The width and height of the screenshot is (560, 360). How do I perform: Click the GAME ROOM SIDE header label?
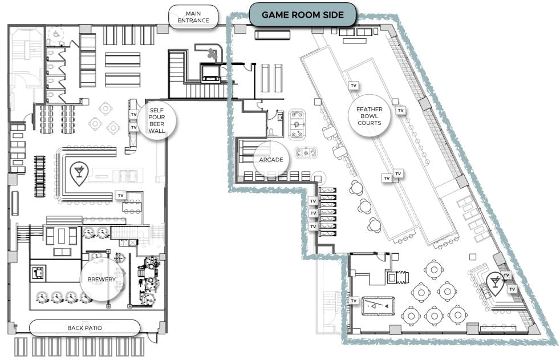pos(302,15)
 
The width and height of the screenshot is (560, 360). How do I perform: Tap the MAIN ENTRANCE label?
pos(193,17)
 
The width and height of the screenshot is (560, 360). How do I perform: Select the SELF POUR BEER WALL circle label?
pos(157,120)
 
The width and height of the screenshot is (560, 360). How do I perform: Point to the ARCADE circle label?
pos(271,159)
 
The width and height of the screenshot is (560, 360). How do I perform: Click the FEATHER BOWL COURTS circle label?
pos(370,116)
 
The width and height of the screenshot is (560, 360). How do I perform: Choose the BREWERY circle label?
pos(102,280)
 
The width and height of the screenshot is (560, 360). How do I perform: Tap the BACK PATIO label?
pos(84,328)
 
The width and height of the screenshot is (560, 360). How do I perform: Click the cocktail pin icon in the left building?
pos(79,173)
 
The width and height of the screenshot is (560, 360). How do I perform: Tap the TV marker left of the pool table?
pos(354,301)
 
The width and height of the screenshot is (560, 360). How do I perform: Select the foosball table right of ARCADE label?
pos(306,153)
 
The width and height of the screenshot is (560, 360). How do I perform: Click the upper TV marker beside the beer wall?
pos(134,114)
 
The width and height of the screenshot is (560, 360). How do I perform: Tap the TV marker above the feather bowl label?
pos(354,86)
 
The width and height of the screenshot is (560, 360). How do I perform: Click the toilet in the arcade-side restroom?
pos(270,131)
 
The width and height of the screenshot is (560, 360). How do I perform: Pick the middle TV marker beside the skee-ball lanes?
pos(313,213)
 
